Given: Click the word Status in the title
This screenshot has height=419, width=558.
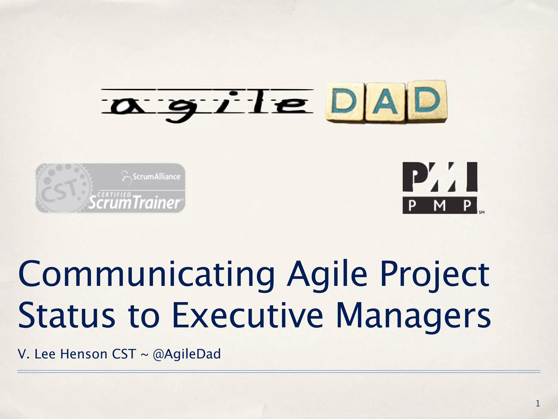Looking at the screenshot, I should [67, 316].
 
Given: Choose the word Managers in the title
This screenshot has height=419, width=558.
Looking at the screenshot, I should [413, 316].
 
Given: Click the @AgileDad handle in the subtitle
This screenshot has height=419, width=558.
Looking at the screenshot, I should [187, 354].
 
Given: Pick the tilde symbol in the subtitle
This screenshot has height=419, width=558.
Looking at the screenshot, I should [144, 355].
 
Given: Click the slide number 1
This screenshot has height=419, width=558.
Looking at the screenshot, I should [538, 403].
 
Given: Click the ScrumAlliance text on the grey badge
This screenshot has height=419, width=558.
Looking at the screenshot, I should [156, 176].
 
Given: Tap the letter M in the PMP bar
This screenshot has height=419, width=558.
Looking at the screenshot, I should [439, 205].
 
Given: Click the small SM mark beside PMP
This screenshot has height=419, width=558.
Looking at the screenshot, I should [481, 212].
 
